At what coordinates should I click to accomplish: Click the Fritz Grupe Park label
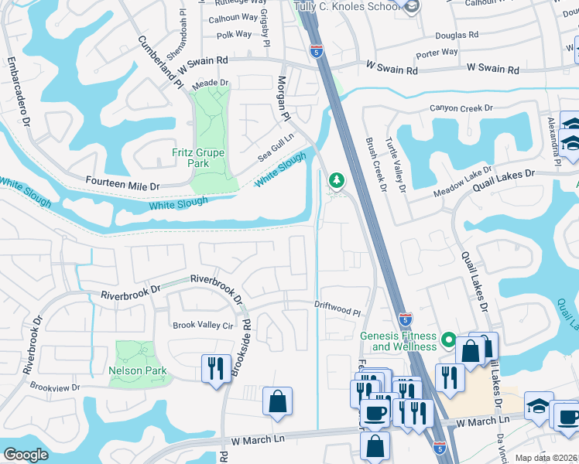[199, 158]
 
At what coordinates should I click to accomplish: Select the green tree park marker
[336, 181]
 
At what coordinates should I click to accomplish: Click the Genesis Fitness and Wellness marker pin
[447, 339]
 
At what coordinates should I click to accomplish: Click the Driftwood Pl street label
[338, 307]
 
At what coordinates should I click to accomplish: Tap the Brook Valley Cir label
[202, 326]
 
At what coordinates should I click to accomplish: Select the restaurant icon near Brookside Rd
[214, 367]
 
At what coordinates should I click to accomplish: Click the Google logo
[26, 455]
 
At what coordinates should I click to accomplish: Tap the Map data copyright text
[546, 458]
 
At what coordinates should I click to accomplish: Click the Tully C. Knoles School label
[347, 6]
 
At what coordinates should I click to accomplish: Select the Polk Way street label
[234, 34]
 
